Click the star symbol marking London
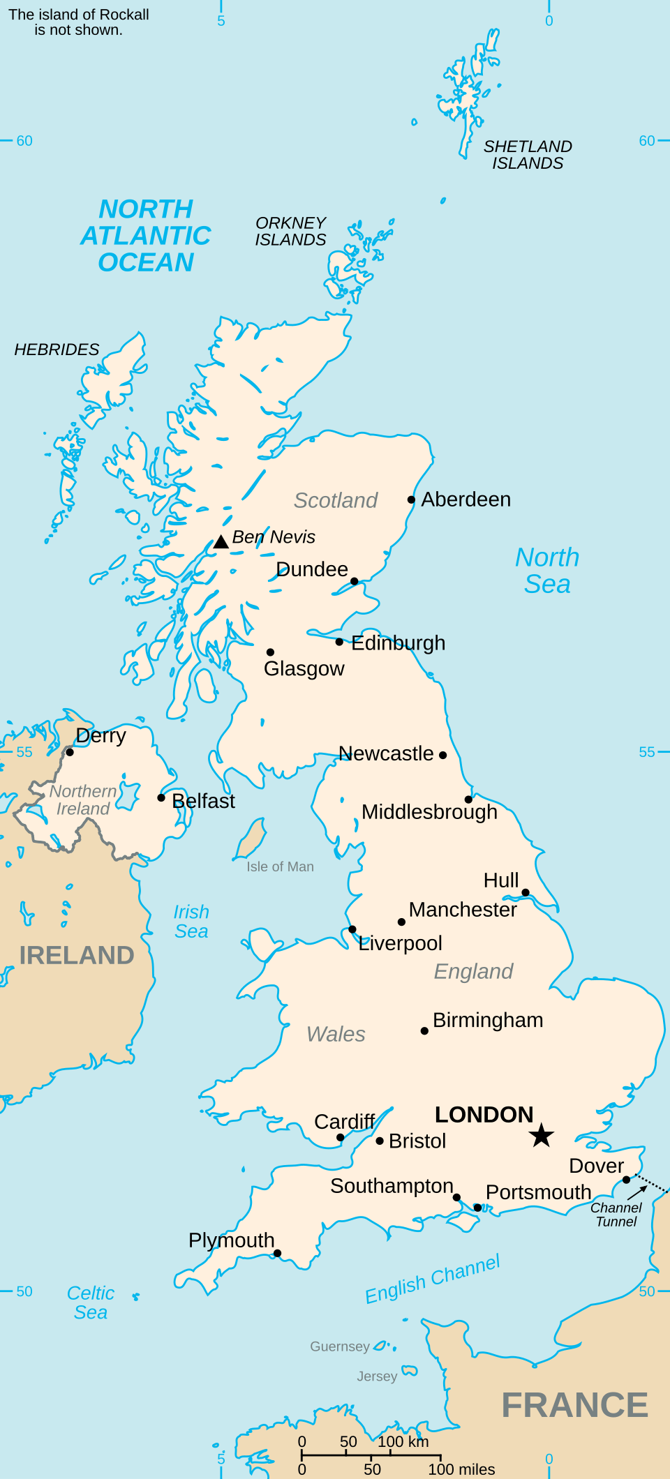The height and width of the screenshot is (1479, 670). (541, 1136)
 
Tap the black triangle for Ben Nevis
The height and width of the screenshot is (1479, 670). (221, 542)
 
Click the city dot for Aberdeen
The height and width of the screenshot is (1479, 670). (412, 500)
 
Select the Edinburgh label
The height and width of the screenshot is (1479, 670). (398, 643)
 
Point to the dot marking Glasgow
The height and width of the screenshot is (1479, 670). (270, 652)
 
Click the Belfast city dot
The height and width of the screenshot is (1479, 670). (161, 797)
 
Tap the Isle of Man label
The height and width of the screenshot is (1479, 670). (280, 866)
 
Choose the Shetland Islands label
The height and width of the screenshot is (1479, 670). (528, 155)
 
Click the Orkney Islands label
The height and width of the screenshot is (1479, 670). (290, 231)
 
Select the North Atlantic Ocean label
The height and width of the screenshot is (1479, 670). (146, 236)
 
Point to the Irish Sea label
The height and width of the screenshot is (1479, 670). (191, 922)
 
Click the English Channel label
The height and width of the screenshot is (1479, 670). (433, 1279)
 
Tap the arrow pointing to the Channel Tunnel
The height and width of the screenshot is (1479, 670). (637, 1192)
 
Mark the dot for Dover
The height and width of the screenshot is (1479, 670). (627, 1180)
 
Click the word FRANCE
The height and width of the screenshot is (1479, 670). (575, 1405)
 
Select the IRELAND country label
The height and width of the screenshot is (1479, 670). (77, 955)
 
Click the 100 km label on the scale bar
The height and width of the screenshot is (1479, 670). (403, 1441)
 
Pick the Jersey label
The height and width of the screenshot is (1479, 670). (377, 1376)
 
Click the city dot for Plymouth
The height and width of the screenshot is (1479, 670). (277, 1253)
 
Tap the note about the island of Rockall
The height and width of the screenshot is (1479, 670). (79, 22)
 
